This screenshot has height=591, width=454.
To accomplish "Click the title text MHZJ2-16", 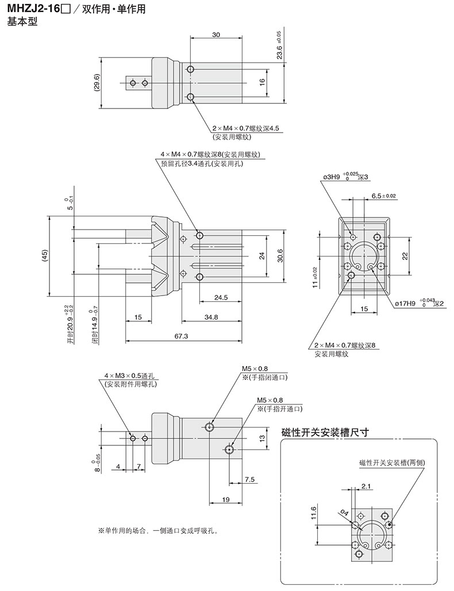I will (33, 9).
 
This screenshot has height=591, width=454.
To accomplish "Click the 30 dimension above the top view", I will (216, 35).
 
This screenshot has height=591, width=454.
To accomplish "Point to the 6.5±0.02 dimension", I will (384, 196).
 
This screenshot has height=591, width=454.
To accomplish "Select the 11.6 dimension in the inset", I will (313, 512).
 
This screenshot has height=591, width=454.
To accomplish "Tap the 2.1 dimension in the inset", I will (367, 487).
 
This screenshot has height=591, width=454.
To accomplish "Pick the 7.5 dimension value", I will (249, 479).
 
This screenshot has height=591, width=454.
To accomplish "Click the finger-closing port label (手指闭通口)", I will (264, 377).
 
